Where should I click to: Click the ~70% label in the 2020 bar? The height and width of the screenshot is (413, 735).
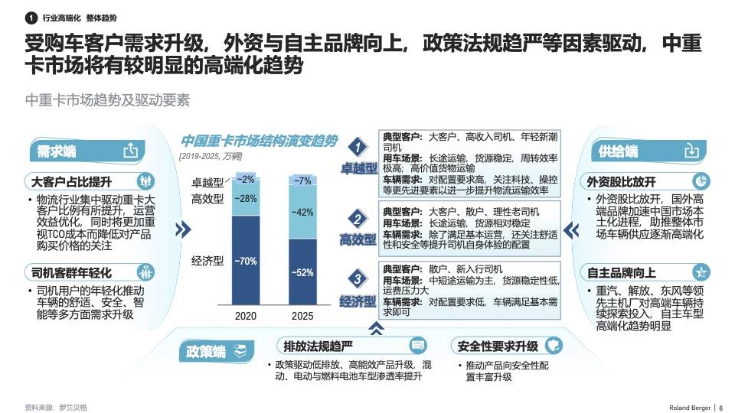pyautogui.click(x=246, y=262)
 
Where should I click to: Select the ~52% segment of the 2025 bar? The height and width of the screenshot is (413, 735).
pyautogui.click(x=302, y=272)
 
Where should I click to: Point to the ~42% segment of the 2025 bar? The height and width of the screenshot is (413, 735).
pyautogui.click(x=302, y=212)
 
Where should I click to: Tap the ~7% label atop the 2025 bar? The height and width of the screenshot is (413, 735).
pyautogui.click(x=302, y=181)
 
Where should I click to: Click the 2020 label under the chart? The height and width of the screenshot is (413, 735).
pyautogui.click(x=245, y=317)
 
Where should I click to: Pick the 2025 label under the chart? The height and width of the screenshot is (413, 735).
pyautogui.click(x=302, y=317)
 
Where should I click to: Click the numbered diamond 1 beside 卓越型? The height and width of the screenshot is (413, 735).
pyautogui.click(x=358, y=145)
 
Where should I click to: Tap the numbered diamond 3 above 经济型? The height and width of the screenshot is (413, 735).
pyautogui.click(x=358, y=278)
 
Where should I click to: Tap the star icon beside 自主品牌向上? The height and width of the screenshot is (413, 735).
pyautogui.click(x=699, y=273)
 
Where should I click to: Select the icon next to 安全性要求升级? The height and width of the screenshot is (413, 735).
pyautogui.click(x=551, y=345)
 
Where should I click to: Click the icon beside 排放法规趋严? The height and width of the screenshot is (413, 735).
pyautogui.click(x=417, y=345)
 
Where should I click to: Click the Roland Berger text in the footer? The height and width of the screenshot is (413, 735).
pyautogui.click(x=686, y=407)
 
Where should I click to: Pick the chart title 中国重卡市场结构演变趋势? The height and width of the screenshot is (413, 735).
pyautogui.click(x=259, y=141)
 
